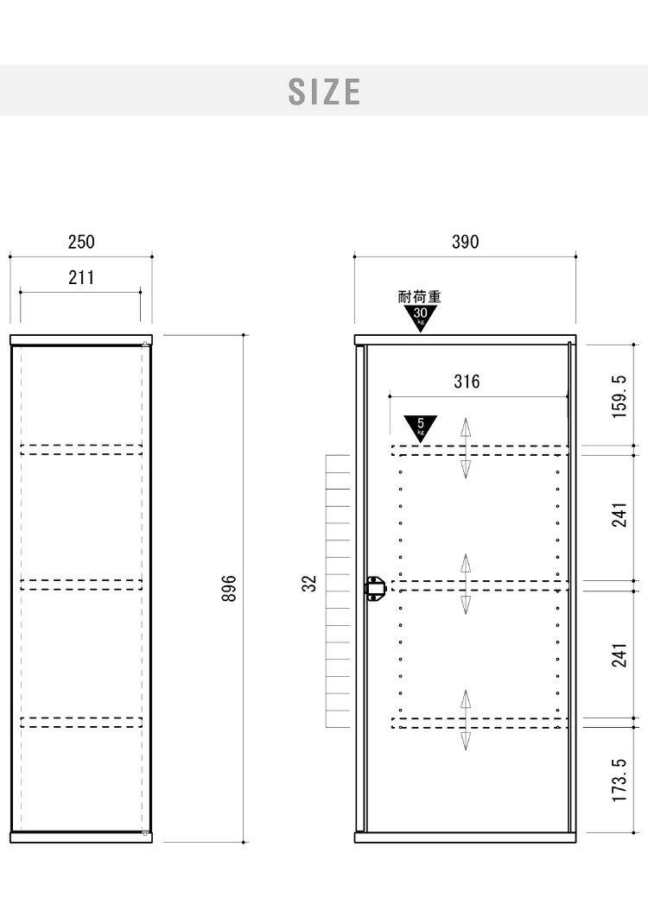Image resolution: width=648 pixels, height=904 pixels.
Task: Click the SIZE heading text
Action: click(324, 92)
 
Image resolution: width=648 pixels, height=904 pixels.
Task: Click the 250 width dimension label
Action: click(81, 242)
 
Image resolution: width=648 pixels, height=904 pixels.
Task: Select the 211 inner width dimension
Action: click(81, 277)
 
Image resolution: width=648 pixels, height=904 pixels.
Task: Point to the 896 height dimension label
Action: click(229, 588)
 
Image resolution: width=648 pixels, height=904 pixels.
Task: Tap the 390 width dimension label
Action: click(465, 242)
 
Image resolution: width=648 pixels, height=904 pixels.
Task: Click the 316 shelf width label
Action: click(467, 381)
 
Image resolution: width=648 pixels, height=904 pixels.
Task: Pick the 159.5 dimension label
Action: click(619, 396)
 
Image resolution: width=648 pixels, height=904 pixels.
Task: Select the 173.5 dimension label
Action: click(619, 780)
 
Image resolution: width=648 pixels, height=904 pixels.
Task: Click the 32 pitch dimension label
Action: click(309, 584)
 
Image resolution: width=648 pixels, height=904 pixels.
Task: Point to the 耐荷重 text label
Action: click(420, 297)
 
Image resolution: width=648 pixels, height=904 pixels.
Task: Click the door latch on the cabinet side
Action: click(374, 589)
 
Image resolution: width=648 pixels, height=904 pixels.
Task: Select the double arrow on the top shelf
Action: click(466, 448)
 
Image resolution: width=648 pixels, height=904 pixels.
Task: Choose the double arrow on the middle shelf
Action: click(466, 585)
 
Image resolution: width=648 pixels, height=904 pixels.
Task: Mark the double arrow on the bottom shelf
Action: click(466, 720)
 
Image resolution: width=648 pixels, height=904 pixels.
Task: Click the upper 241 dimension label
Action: click(619, 515)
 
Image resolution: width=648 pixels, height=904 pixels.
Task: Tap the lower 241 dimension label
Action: click(619, 655)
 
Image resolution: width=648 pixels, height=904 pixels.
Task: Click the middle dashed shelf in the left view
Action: click(81, 585)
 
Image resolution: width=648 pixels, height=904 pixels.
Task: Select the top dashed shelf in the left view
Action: click(81, 450)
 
